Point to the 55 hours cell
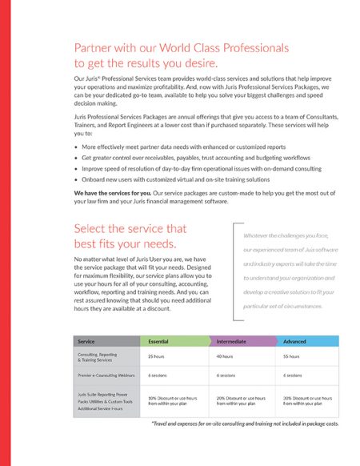tap(291, 356)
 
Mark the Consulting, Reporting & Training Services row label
tap(99, 356)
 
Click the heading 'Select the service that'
tap(130, 228)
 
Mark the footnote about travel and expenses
tap(245, 423)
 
